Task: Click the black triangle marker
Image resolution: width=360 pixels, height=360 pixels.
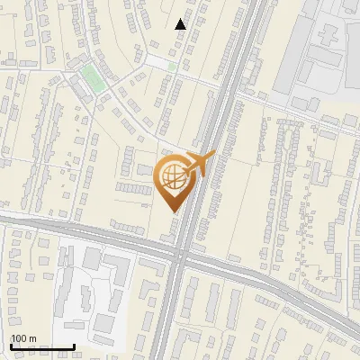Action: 181,24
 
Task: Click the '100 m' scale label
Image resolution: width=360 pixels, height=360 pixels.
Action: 24,338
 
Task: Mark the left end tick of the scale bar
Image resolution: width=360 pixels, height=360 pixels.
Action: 11,346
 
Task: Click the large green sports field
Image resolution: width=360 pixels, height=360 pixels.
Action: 92,77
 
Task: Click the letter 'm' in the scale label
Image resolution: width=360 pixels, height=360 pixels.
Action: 32,338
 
